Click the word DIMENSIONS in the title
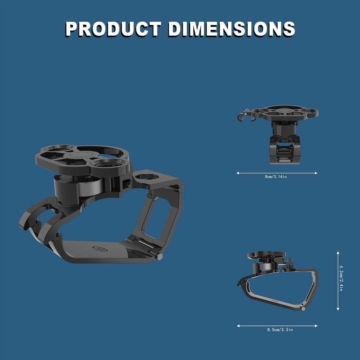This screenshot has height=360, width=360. pos(231,29)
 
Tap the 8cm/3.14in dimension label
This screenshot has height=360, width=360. pos(276,176)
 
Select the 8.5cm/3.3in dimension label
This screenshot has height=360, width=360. pos(280,329)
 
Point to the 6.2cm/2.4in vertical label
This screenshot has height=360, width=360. pos(341,278)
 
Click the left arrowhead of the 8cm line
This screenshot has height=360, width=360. pos(238,173)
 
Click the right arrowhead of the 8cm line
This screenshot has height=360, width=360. pos(316,173)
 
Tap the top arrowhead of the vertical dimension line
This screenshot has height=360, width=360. pos(338,252)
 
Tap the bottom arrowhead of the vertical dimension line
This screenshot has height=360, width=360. pos(338,309)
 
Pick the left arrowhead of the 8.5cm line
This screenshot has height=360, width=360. pos(238,326)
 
